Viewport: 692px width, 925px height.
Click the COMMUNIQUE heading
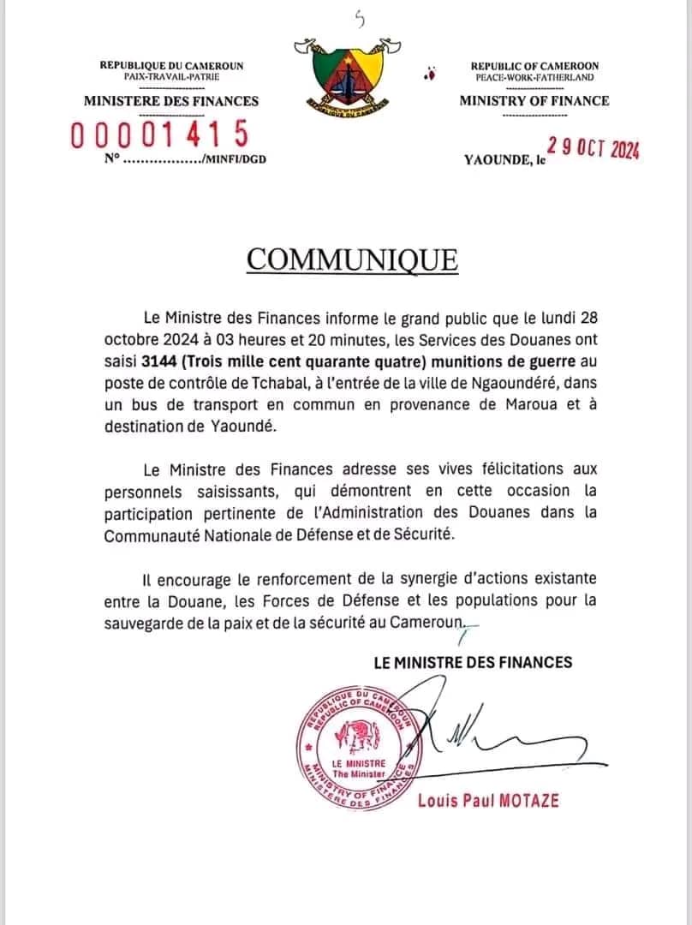[352, 259]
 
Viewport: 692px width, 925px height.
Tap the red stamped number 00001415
[160, 134]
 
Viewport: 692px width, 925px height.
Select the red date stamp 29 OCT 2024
[594, 148]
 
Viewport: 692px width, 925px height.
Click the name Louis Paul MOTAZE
[488, 800]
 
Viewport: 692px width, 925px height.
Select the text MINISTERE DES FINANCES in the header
[170, 101]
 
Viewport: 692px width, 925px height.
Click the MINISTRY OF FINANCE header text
[534, 101]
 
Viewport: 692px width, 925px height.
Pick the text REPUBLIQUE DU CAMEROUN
[171, 66]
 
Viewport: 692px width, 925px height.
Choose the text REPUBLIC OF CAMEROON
[535, 66]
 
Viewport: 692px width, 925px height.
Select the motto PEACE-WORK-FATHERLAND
[535, 77]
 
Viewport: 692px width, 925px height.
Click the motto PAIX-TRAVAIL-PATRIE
[171, 77]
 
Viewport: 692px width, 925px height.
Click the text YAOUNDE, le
[504, 159]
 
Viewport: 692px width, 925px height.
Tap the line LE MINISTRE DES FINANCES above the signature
[473, 662]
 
